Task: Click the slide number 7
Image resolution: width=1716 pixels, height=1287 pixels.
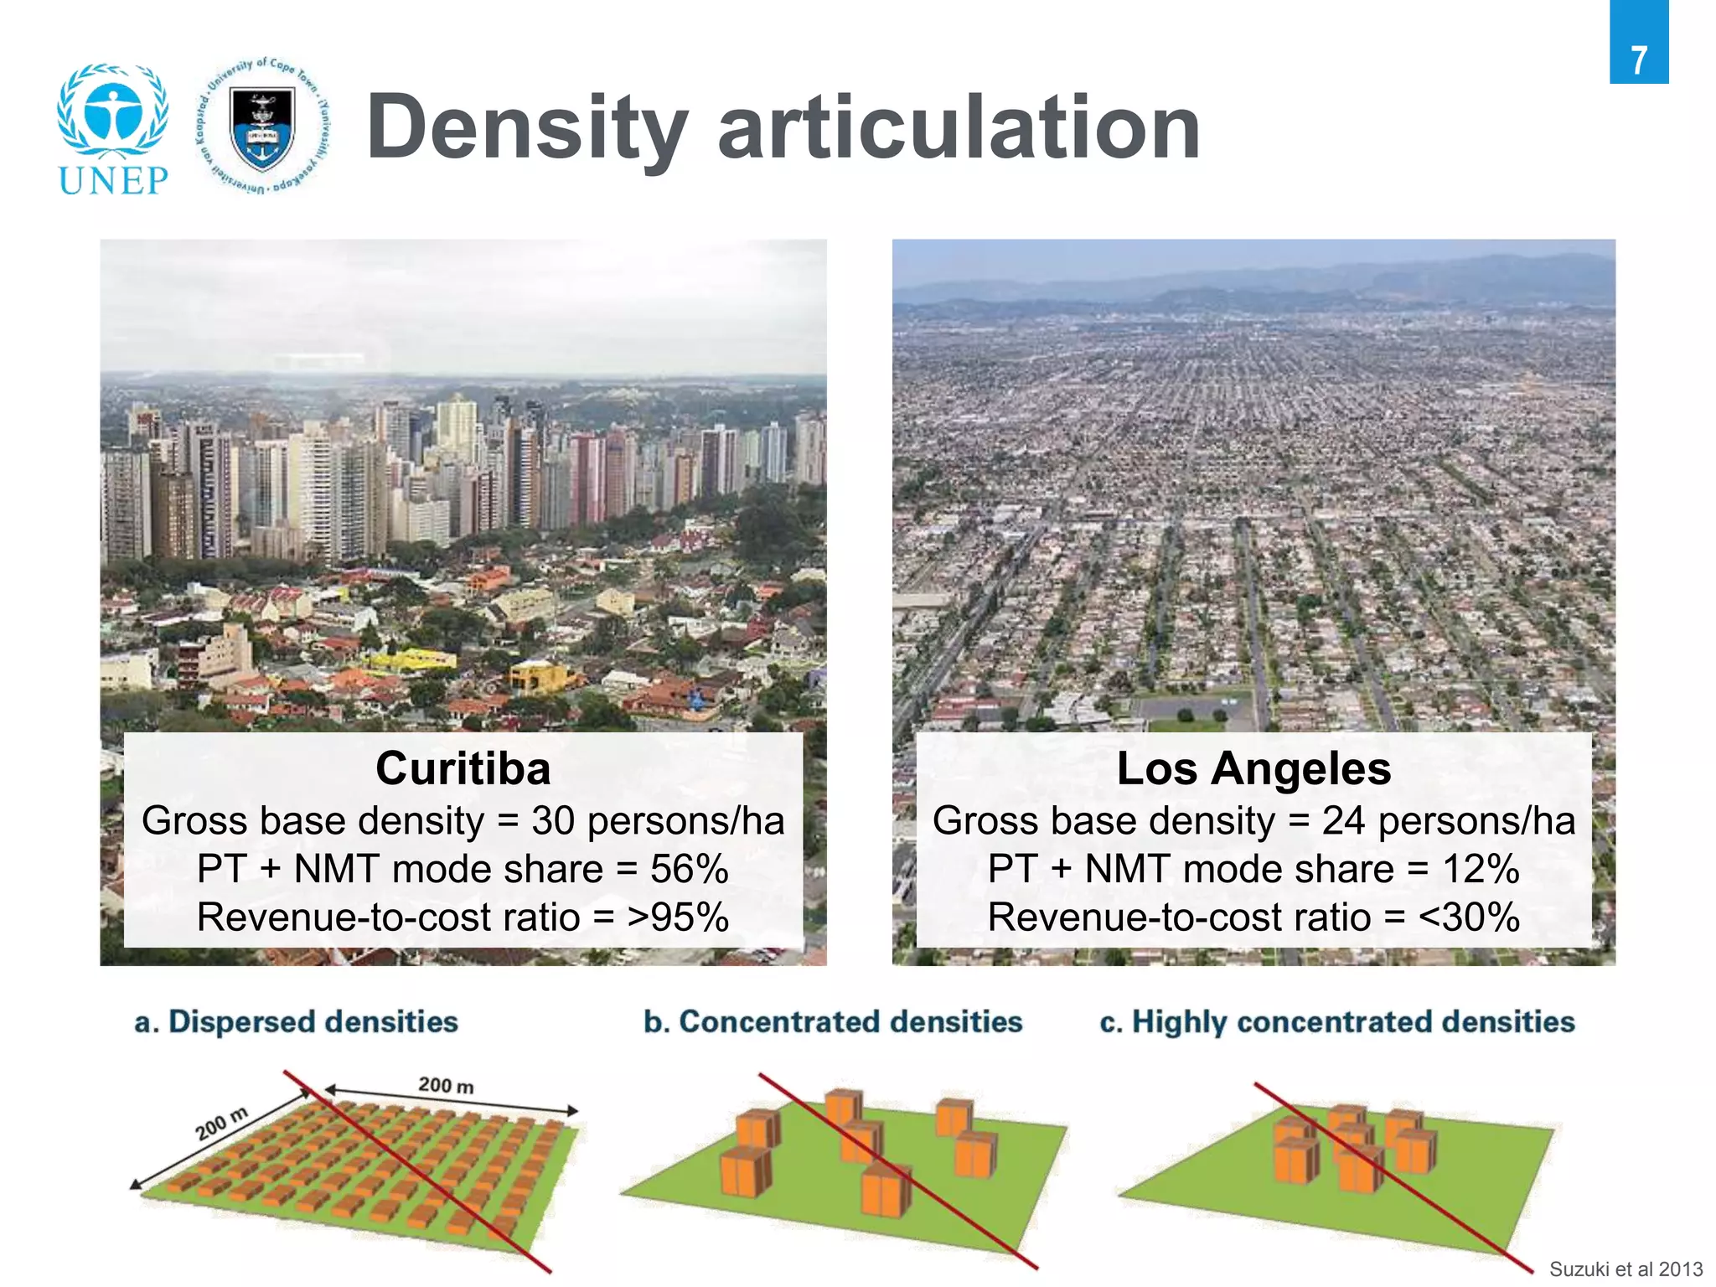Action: (1638, 60)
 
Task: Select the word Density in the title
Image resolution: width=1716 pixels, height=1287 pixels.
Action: (527, 127)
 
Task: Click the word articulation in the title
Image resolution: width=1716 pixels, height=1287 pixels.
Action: (959, 127)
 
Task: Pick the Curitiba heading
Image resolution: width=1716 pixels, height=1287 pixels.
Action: (463, 768)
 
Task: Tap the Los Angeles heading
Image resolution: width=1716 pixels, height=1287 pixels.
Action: (1253, 768)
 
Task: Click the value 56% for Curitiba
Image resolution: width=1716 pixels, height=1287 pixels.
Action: (690, 869)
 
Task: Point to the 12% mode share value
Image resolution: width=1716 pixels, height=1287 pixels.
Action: (1481, 869)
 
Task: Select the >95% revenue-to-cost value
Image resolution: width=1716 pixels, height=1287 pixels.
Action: (678, 917)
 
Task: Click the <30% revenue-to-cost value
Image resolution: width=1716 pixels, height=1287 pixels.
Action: (1469, 917)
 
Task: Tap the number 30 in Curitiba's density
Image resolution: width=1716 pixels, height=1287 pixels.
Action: (553, 821)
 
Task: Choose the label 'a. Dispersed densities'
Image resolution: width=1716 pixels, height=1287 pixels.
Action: (297, 1022)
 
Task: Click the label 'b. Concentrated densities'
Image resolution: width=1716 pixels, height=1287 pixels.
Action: (833, 1022)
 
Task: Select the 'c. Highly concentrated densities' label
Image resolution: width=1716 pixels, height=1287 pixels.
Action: (1337, 1022)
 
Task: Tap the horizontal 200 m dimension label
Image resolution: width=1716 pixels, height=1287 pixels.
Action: (446, 1086)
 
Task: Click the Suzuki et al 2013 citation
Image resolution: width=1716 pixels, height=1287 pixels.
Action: (1626, 1269)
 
